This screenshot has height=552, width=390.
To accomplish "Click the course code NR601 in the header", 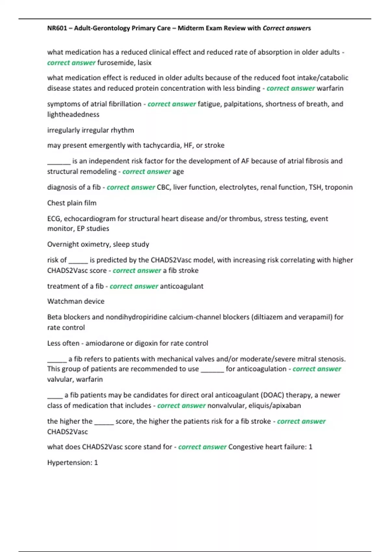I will coord(57,28).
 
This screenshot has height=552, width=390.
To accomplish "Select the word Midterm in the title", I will coord(189,28).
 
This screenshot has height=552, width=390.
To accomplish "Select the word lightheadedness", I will coord(73,114).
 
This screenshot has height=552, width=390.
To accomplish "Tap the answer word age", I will coord(178,171).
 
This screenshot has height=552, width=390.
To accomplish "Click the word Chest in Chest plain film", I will coord(56,203).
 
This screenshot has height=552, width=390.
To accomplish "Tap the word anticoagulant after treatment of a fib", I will coord(182,286).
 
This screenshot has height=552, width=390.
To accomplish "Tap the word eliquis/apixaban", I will coord(275,406).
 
